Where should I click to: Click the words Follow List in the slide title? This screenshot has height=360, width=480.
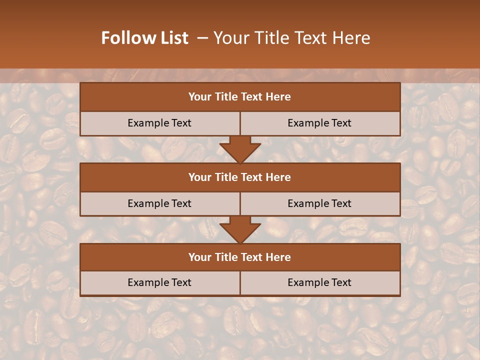pyautogui.click(x=145, y=38)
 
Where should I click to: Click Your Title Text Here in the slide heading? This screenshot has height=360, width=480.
pyautogui.click(x=292, y=38)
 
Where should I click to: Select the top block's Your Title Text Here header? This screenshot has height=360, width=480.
pyautogui.click(x=239, y=97)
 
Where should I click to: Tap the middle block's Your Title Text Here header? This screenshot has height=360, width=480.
pyautogui.click(x=239, y=177)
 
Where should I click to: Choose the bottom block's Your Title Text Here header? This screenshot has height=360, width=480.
pyautogui.click(x=239, y=257)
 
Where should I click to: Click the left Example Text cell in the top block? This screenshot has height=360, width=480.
pyautogui.click(x=159, y=123)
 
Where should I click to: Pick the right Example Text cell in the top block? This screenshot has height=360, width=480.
pyautogui.click(x=319, y=123)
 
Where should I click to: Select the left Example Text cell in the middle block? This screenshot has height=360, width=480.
pyautogui.click(x=159, y=203)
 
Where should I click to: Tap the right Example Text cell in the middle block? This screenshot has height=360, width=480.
pyautogui.click(x=319, y=203)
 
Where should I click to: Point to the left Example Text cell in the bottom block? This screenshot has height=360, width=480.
pyautogui.click(x=159, y=282)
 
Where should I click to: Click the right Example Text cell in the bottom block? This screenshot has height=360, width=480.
pyautogui.click(x=319, y=282)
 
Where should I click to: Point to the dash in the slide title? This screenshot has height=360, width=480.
pyautogui.click(x=203, y=38)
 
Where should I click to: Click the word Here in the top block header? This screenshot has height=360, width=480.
pyautogui.click(x=278, y=97)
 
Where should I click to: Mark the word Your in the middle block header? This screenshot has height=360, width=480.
pyautogui.click(x=199, y=177)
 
